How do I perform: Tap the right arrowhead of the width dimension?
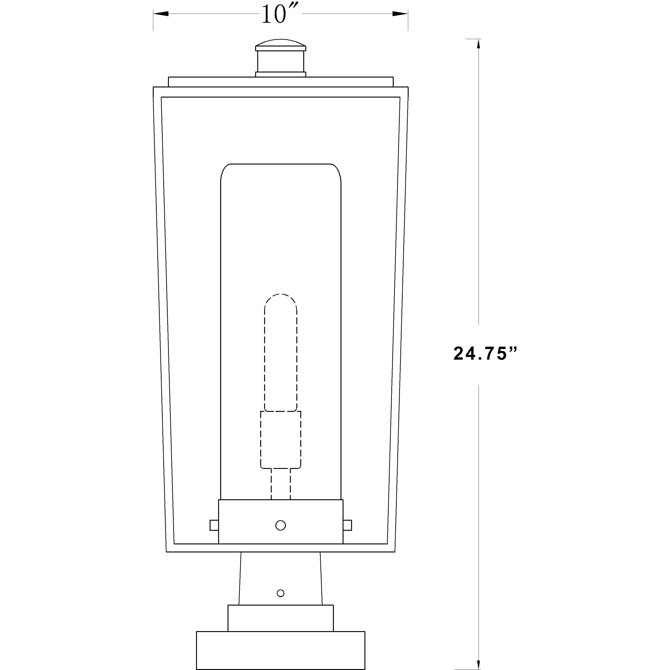pyautogui.click(x=400, y=14)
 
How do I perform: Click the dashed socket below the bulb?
pyautogui.click(x=280, y=439)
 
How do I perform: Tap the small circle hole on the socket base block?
pyautogui.click(x=280, y=525)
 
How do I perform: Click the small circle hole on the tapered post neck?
pyautogui.click(x=280, y=593)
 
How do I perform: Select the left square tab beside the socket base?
pyautogui.click(x=214, y=525)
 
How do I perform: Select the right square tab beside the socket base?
pyautogui.click(x=347, y=525)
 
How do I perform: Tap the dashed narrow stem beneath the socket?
pyautogui.click(x=280, y=484)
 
